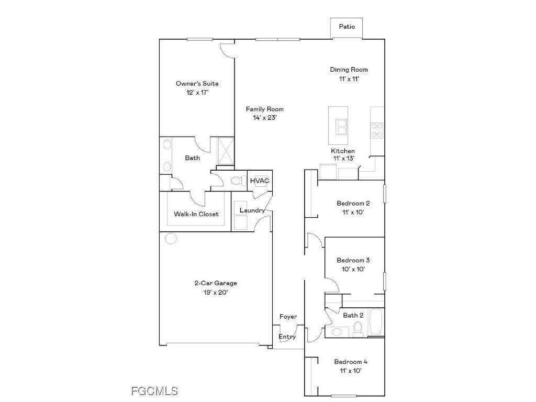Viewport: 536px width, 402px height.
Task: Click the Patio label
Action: click(x=347, y=27)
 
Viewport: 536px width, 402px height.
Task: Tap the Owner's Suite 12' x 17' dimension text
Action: click(x=197, y=93)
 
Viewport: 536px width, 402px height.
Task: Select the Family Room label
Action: click(x=264, y=109)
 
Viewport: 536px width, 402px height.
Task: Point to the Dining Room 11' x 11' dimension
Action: click(x=349, y=79)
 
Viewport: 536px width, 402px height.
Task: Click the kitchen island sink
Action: click(x=341, y=127)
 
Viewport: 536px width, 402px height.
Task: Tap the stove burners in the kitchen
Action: click(x=377, y=130)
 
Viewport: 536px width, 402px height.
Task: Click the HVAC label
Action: click(x=260, y=181)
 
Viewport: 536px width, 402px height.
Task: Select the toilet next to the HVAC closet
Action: click(x=238, y=180)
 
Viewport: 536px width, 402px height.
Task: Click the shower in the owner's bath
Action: click(x=226, y=151)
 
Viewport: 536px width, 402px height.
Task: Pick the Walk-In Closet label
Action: click(x=196, y=214)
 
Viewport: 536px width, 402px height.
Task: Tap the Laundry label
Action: click(x=252, y=210)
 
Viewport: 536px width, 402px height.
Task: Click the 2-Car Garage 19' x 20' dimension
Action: click(x=216, y=292)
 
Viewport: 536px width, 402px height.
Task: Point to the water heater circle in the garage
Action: click(x=171, y=238)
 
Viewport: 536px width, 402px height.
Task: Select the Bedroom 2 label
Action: click(x=353, y=203)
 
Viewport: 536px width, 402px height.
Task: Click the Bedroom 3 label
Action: click(x=353, y=260)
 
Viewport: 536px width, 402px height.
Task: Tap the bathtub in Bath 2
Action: click(x=376, y=322)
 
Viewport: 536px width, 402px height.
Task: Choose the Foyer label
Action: click(x=288, y=317)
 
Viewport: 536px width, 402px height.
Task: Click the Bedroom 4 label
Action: click(x=351, y=362)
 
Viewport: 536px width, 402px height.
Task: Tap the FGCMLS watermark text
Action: click(x=154, y=391)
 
